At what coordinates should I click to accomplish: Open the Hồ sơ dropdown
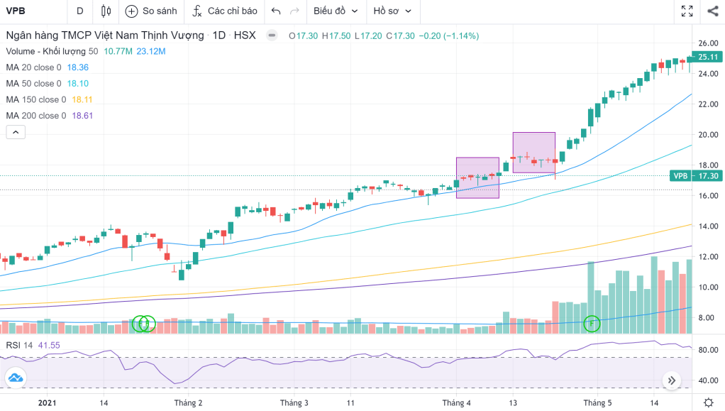(392, 11)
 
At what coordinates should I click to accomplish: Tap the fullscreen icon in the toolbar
(687, 11)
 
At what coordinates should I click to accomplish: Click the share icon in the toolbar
(712, 11)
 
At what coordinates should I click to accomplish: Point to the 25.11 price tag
(709, 57)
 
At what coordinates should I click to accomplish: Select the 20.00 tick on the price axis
(707, 134)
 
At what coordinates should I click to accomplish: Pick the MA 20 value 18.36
(77, 67)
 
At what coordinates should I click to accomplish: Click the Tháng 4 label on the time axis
(456, 402)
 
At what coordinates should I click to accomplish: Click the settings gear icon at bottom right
(708, 402)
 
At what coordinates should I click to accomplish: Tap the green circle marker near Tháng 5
(592, 324)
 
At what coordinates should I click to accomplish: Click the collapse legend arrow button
(16, 131)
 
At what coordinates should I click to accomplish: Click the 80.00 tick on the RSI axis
(707, 350)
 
